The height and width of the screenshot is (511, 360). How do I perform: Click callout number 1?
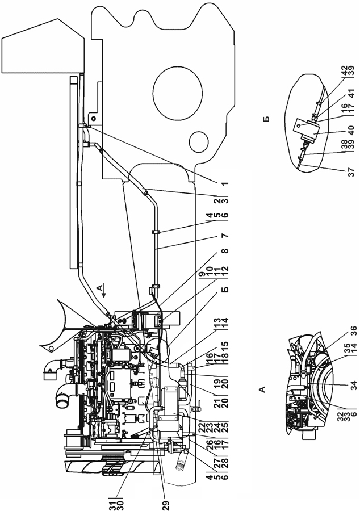coord(225,184)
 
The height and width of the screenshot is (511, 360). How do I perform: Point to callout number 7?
coord(225,235)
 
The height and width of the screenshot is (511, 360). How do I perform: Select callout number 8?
coord(225,251)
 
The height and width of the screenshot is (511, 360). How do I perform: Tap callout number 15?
coord(225,345)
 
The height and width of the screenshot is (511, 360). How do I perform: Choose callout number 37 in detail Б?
coord(351,172)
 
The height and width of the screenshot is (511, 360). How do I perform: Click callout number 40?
coord(351,131)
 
